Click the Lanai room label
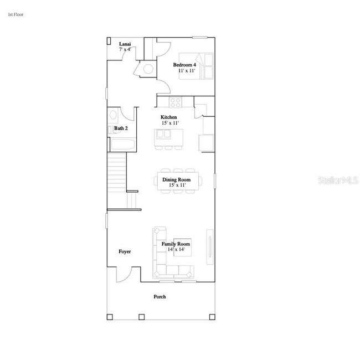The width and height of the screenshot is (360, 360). click(125, 44)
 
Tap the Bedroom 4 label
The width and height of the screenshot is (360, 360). click(184, 65)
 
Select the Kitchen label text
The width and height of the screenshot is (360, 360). click(169, 117)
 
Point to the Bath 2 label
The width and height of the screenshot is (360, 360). click(121, 128)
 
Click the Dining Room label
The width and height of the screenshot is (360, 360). click(176, 179)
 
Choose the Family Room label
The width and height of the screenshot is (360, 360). click(176, 244)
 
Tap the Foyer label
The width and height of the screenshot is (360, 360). click(125, 251)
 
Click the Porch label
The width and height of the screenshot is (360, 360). click(160, 297)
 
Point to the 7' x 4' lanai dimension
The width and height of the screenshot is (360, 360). click(125, 50)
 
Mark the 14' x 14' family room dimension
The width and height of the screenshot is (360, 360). click(176, 250)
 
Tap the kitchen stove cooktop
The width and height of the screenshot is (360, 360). click(176, 102)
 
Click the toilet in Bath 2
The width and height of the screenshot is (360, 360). click(113, 116)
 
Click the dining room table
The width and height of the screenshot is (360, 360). click(176, 181)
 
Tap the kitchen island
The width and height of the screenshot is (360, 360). click(168, 136)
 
